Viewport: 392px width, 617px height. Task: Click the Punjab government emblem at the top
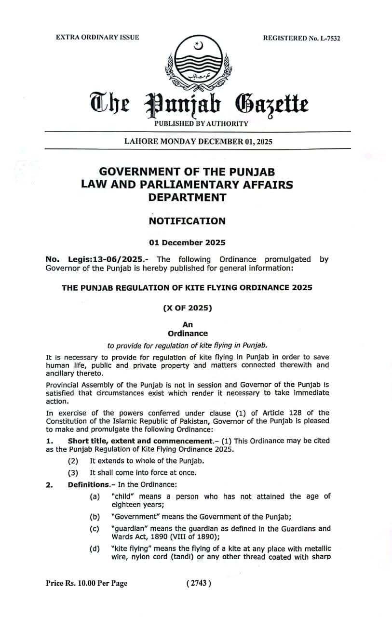click(x=196, y=63)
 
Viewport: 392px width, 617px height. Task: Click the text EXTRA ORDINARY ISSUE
click(x=97, y=37)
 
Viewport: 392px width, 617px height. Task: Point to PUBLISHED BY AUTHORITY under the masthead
click(x=201, y=123)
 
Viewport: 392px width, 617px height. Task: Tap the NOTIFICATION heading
click(x=187, y=221)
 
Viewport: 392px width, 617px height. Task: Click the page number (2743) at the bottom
click(x=198, y=583)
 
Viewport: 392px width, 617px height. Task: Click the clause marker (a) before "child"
click(x=95, y=496)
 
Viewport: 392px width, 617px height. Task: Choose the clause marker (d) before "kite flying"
click(x=95, y=549)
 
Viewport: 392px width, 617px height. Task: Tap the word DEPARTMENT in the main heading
click(x=187, y=197)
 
